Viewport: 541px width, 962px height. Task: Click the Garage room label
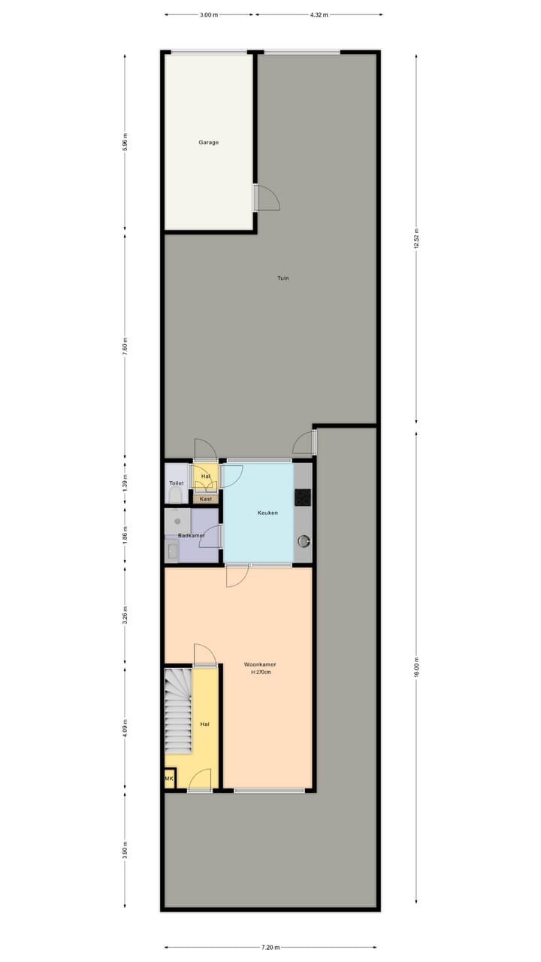209,142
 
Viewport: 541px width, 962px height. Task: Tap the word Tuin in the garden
283,278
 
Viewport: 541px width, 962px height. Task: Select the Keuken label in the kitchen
267,513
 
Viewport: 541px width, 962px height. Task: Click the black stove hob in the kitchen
303,497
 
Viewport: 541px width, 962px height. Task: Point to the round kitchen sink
304,540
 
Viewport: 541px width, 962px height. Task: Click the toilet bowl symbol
175,495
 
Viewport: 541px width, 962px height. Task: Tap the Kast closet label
206,499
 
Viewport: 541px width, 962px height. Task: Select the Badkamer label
191,535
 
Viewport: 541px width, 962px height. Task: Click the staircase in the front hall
179,711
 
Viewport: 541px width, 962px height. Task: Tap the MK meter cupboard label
169,779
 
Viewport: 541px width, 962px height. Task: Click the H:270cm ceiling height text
260,672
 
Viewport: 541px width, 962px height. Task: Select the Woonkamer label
260,664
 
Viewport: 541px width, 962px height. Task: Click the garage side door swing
267,198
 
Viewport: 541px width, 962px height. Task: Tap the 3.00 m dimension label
210,14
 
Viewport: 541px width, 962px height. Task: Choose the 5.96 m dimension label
125,143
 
